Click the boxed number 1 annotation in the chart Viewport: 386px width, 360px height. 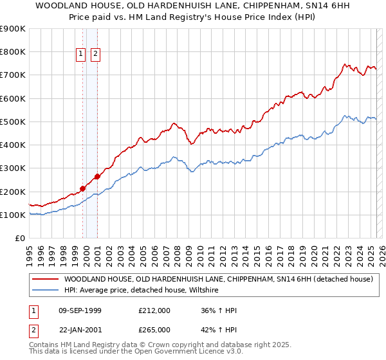[x=82, y=55]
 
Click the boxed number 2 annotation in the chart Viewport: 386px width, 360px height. [x=95, y=55]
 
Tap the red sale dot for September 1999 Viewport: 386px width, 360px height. [x=82, y=189]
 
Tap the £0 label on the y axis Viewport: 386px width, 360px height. [x=19, y=238]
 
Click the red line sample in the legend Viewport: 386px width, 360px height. [x=45, y=279]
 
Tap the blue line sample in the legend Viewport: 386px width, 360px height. [x=45, y=291]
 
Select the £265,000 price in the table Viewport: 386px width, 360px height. [x=154, y=330]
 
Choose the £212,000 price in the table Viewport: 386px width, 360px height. [x=154, y=311]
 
